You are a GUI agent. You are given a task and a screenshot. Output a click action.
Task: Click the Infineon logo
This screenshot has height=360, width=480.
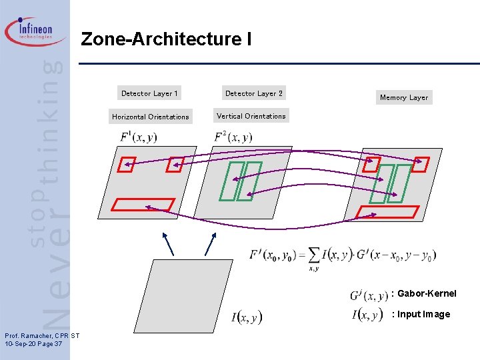pyautogui.click(x=36, y=31)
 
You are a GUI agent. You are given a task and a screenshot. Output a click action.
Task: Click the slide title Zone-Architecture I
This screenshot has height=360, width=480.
pyautogui.click(x=166, y=40)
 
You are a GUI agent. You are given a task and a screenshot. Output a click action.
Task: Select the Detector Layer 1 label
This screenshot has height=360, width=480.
pyautogui.click(x=149, y=93)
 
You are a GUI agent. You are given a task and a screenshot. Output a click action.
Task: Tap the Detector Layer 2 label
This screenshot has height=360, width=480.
pyautogui.click(x=254, y=93)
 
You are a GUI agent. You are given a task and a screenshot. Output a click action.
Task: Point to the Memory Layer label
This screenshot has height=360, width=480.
pyautogui.click(x=403, y=97)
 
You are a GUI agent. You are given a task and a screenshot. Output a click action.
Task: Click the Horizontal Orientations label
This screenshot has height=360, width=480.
pyautogui.click(x=150, y=117)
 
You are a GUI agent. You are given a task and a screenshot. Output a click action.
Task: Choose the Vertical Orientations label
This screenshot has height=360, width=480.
pyautogui.click(x=251, y=116)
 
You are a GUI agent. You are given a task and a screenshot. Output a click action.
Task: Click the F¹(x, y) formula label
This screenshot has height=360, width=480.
pyautogui.click(x=138, y=137)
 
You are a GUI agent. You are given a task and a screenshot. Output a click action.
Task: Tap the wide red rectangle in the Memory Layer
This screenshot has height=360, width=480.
pyautogui.click(x=388, y=212)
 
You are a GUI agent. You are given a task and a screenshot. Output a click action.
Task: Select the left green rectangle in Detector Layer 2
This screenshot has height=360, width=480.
pyautogui.click(x=229, y=181)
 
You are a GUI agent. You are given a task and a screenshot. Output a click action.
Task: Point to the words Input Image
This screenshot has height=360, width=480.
pyautogui.click(x=424, y=314)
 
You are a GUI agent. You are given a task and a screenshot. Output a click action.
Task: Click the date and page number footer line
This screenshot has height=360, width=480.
pyautogui.click(x=33, y=344)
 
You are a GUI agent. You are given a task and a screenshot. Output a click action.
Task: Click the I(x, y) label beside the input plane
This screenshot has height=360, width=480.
pyautogui.click(x=247, y=317)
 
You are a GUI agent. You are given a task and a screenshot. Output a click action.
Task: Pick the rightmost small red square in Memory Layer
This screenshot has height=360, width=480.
pyautogui.click(x=420, y=163)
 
